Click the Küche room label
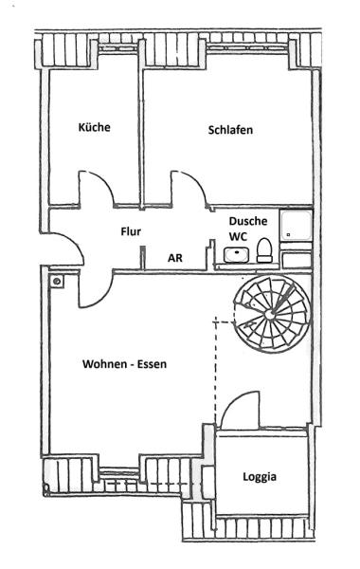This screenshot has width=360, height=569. [x=94, y=127]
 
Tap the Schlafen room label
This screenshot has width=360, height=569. [x=230, y=130]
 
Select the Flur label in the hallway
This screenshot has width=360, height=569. [x=131, y=231]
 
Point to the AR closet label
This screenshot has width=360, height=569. [x=175, y=258]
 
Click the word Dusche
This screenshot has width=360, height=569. [x=248, y=221]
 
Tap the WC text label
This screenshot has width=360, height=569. [x=238, y=236]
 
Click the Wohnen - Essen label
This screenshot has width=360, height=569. [x=125, y=364]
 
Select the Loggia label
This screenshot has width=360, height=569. [x=260, y=477]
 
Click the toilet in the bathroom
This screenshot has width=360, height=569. [x=264, y=250]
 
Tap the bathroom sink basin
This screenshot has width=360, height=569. [x=236, y=254]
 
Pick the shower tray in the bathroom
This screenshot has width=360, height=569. [x=296, y=226]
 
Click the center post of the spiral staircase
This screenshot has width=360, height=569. [x=269, y=315]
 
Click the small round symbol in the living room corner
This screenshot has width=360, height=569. [x=57, y=281]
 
